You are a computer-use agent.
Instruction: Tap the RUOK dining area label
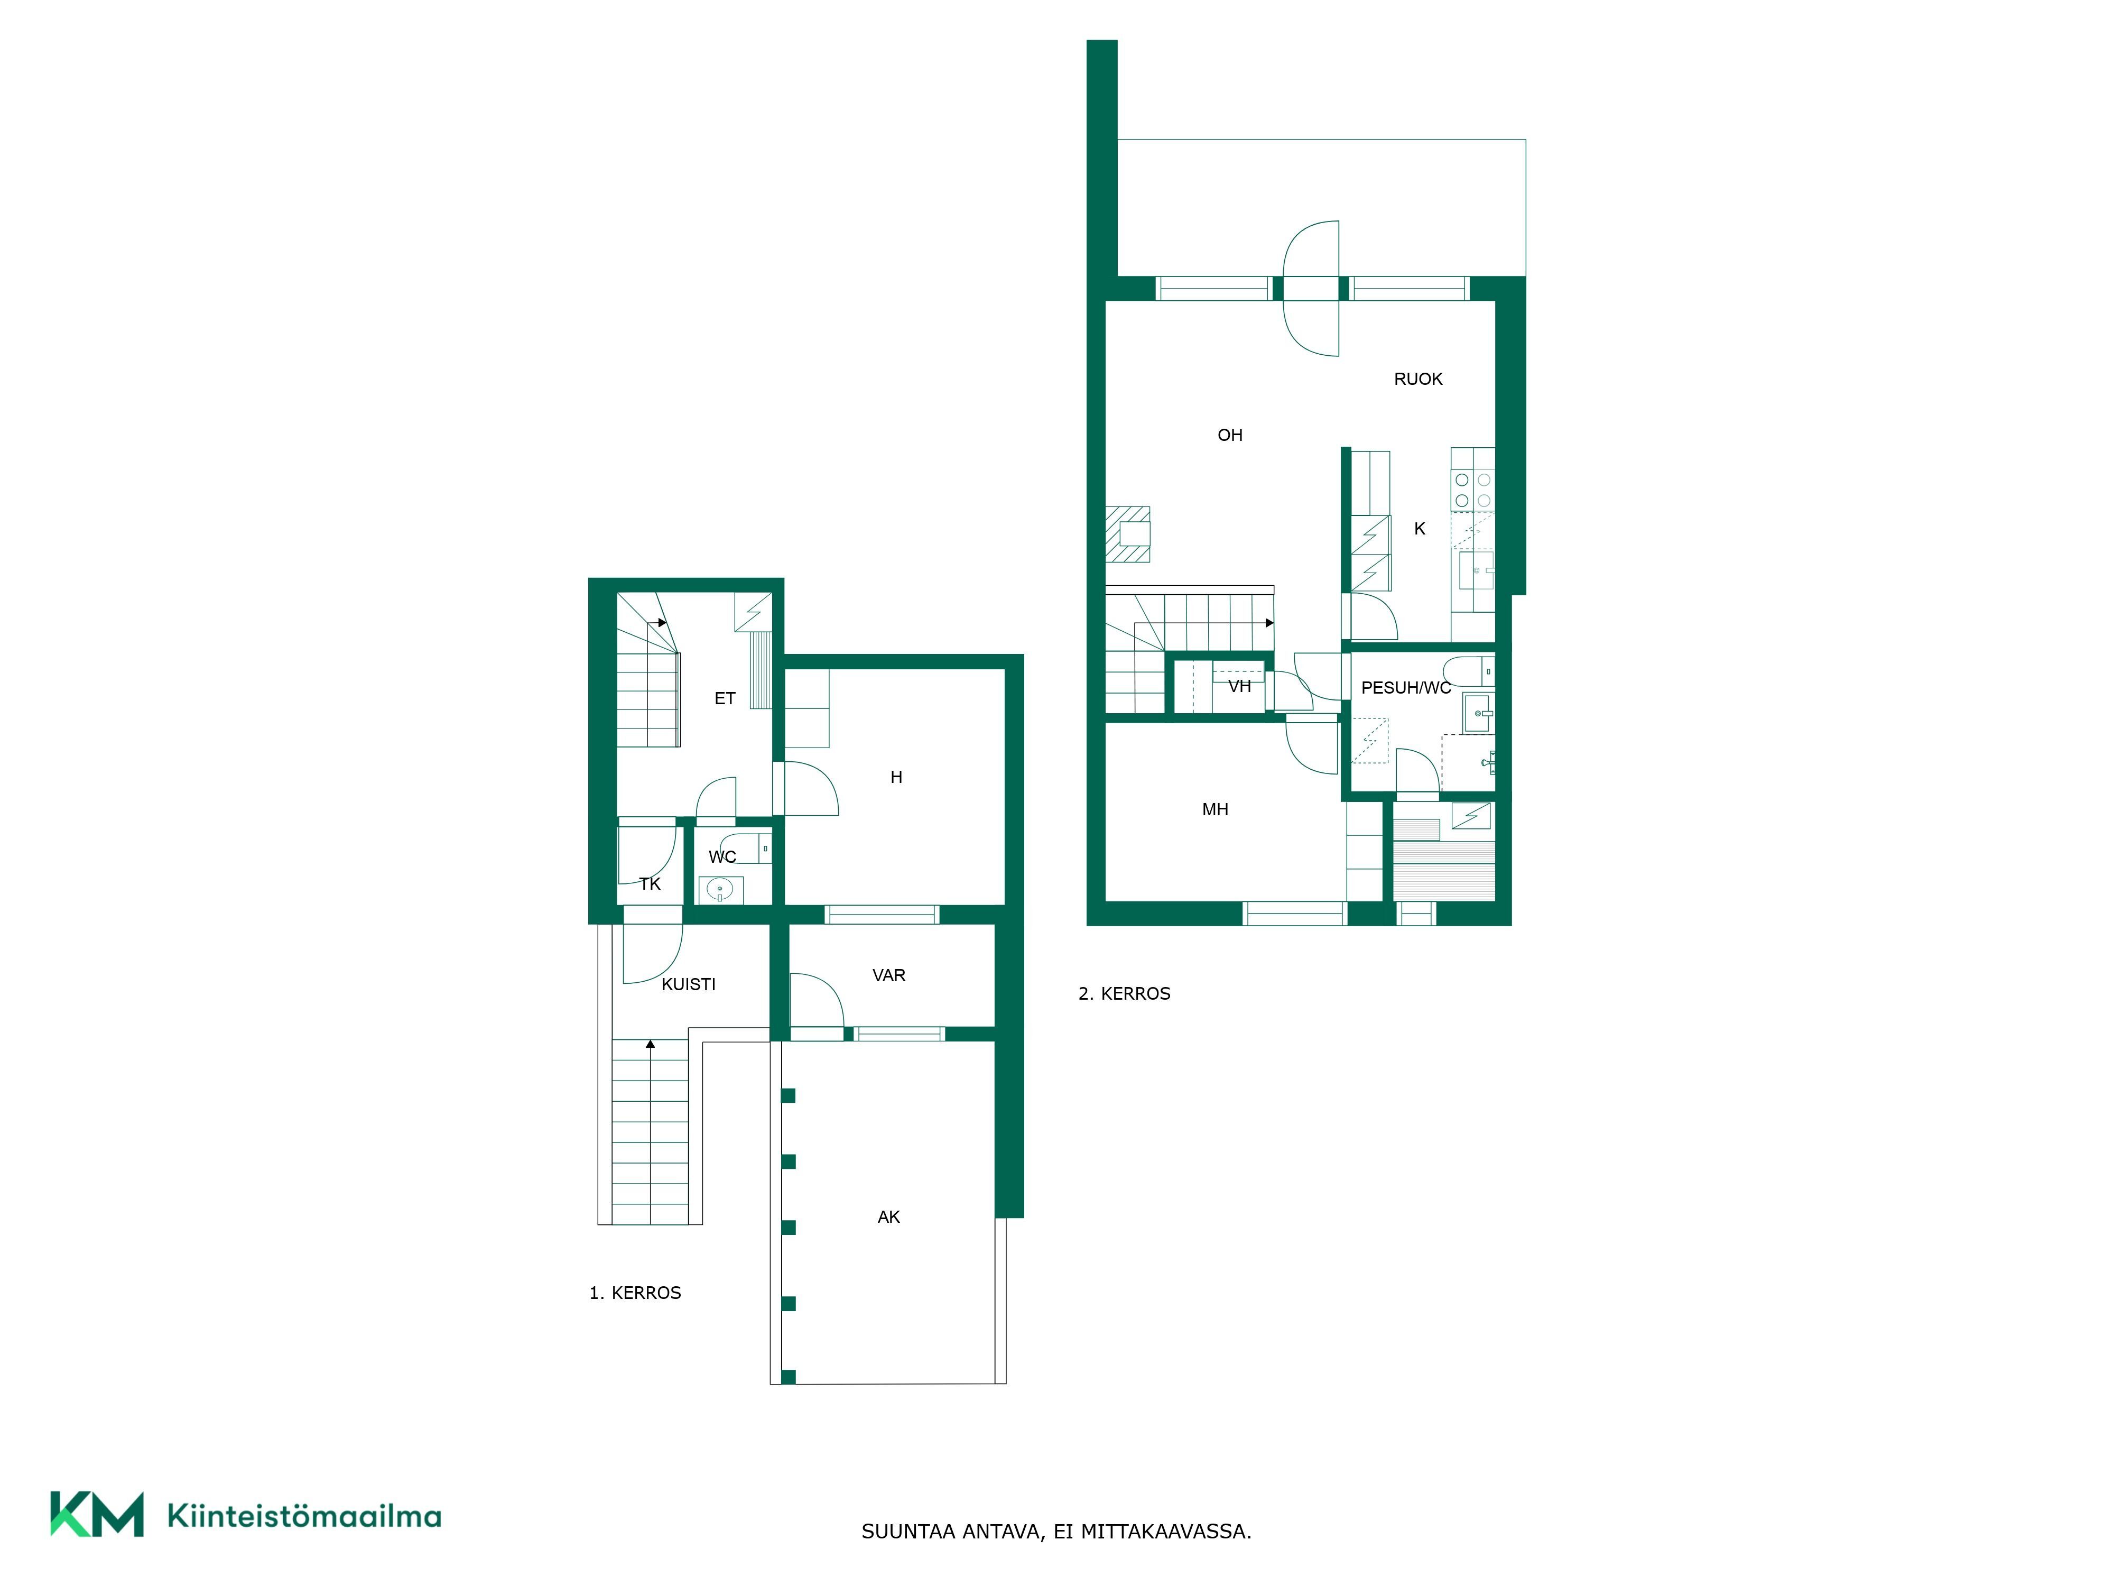coord(1418,379)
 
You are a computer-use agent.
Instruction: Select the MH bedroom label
coord(1214,810)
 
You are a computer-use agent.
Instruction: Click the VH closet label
coord(1239,686)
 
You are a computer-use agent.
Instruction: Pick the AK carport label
coord(889,1217)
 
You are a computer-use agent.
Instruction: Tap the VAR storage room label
coord(889,975)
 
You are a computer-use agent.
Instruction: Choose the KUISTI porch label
coord(688,984)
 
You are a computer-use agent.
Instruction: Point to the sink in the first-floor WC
coord(719,891)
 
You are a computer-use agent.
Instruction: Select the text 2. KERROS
coord(1124,993)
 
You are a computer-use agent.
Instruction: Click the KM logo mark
coord(97,1514)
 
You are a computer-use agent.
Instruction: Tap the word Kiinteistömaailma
coord(304,1515)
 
